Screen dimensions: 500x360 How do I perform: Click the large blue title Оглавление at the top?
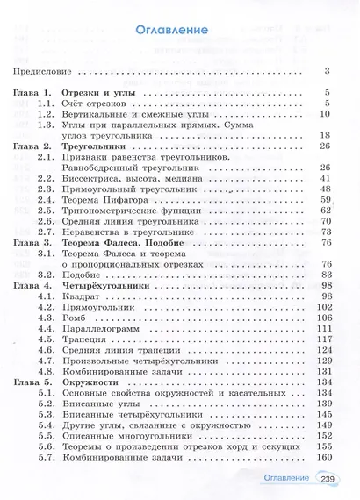click(173, 30)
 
